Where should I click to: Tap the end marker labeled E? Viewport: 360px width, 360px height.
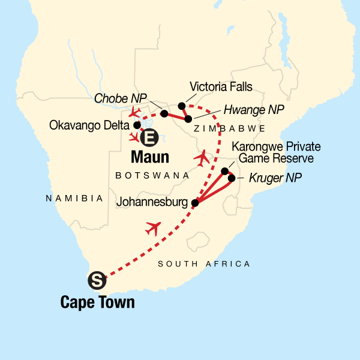coord(149,138)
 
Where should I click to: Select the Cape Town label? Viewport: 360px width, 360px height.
coord(98,302)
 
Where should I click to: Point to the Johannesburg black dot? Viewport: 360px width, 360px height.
coord(194,203)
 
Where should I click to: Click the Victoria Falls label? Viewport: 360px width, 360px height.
coord(220,85)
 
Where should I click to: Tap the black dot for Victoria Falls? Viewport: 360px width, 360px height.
coord(182,106)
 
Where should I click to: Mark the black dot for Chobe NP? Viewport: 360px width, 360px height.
coord(164,113)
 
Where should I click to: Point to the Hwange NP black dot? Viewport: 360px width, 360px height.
coord(188,119)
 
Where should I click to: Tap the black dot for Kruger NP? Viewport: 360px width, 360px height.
coord(232,178)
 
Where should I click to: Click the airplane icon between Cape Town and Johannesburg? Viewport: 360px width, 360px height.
coord(154,229)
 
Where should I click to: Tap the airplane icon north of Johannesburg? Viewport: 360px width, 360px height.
coord(203,158)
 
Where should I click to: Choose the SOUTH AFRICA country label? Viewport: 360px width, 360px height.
coord(203,264)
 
